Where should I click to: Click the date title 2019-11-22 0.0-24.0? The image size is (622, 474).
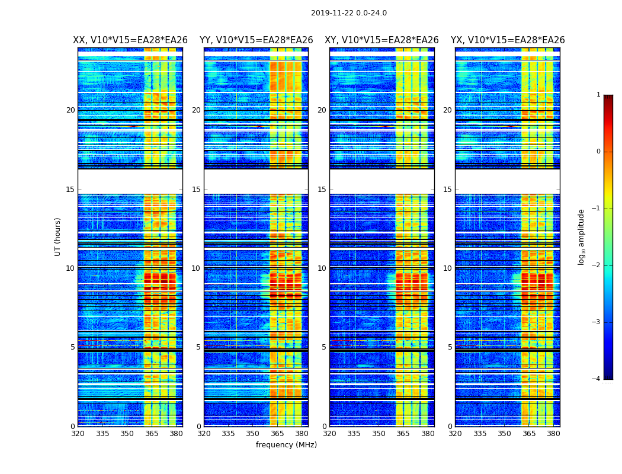[348, 13]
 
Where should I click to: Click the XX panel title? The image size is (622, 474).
[130, 40]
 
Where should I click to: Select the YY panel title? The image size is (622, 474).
[256, 40]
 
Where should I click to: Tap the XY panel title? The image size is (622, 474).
[381, 40]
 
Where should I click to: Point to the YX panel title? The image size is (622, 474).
[508, 40]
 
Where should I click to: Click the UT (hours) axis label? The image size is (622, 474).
[58, 236]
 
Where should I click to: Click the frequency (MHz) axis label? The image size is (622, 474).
[286, 445]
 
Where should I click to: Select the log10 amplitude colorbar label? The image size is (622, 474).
[582, 236]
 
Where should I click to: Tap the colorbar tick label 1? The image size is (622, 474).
[598, 95]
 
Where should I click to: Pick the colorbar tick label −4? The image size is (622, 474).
[597, 379]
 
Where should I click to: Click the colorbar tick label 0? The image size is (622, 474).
[598, 152]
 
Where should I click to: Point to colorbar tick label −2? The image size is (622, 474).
[597, 265]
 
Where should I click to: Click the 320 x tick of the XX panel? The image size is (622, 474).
[78, 434]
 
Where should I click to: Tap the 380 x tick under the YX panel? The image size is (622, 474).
[553, 434]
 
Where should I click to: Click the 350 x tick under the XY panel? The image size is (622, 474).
[379, 434]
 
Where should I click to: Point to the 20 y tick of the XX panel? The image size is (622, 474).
[70, 110]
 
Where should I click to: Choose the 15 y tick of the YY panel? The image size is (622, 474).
[196, 190]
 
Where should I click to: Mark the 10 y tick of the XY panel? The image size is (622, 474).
[322, 268]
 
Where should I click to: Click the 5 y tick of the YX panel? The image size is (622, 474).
[450, 347]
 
